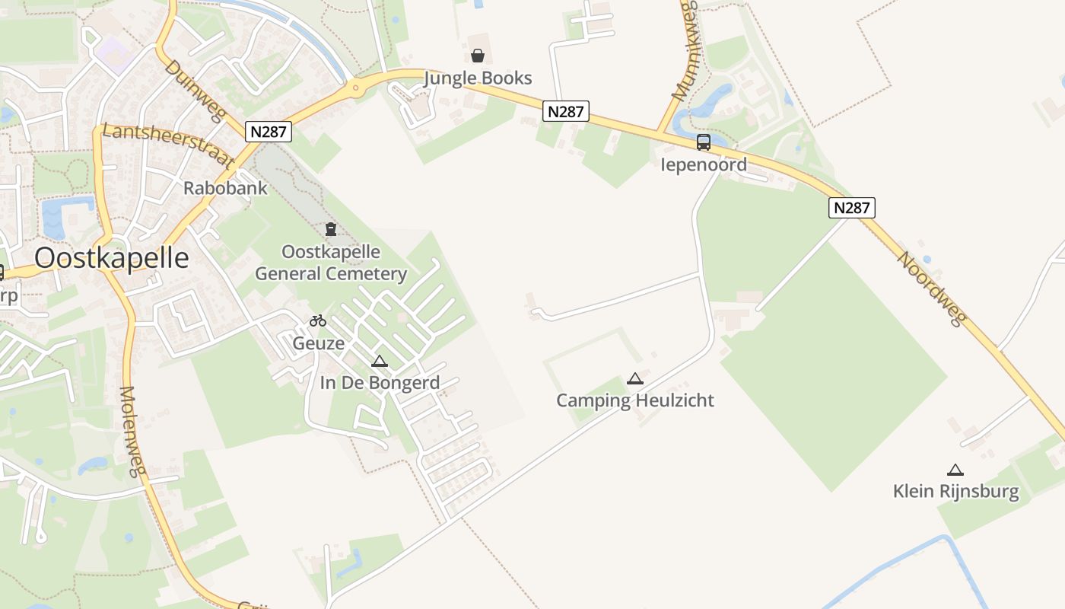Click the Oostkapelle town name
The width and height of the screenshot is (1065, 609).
[x=112, y=258]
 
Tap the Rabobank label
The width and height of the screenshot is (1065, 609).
[x=225, y=188]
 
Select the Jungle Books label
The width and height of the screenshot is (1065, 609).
[x=478, y=78]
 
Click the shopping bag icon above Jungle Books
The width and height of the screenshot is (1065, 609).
[x=478, y=56]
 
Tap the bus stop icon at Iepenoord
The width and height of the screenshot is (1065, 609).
[x=704, y=142]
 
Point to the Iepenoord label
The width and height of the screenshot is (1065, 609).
[x=704, y=164]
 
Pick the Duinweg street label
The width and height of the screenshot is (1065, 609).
[x=196, y=91]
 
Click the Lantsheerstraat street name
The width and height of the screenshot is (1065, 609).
[x=167, y=145]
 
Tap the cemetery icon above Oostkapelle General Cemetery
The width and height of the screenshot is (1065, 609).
[x=331, y=229]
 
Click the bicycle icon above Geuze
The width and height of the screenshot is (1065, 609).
[x=318, y=320]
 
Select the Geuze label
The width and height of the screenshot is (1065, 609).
[x=319, y=343]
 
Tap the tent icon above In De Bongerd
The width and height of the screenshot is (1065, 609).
[x=380, y=361]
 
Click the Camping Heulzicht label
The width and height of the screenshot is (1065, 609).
[x=635, y=400]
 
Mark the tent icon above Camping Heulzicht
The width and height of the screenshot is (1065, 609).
[x=635, y=378]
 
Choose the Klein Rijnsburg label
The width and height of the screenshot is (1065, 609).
[x=955, y=491]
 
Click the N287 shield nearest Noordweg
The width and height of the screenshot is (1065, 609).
[x=852, y=208]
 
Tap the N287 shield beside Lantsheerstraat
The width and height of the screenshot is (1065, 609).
[x=269, y=132]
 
